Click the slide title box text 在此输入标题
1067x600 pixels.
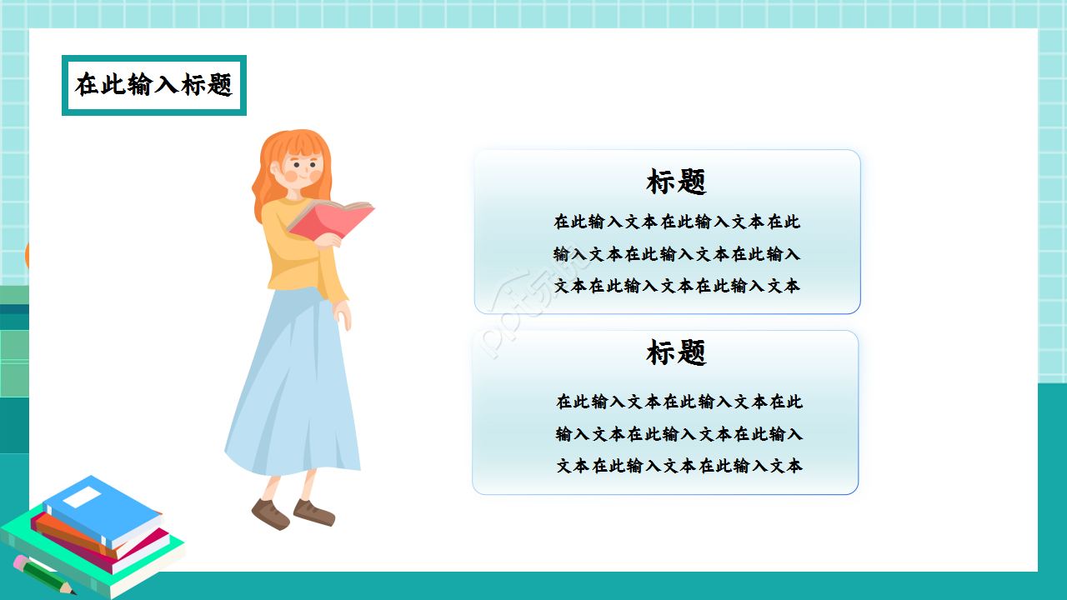(153, 85)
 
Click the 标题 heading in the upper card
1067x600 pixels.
(676, 182)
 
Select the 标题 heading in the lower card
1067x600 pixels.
(676, 352)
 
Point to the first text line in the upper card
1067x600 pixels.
(676, 222)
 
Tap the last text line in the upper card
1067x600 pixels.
(676, 286)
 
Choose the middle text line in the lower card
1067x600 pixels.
(679, 434)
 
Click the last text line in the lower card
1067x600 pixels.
(679, 466)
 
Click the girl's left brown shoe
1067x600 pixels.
(270, 512)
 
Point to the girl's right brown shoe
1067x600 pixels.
(314, 512)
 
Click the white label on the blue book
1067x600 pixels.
(82, 497)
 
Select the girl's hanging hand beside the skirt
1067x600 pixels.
(343, 314)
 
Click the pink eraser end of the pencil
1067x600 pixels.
(19, 561)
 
